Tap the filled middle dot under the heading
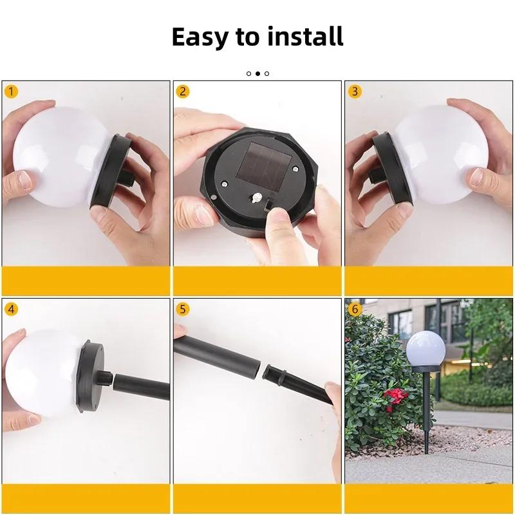(x=257, y=73)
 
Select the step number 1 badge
(x=11, y=91)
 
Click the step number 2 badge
(x=183, y=91)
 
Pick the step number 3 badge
(x=355, y=91)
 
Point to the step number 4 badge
(x=11, y=308)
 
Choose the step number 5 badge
(x=183, y=308)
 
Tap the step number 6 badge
(x=355, y=308)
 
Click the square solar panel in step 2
(x=257, y=158)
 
